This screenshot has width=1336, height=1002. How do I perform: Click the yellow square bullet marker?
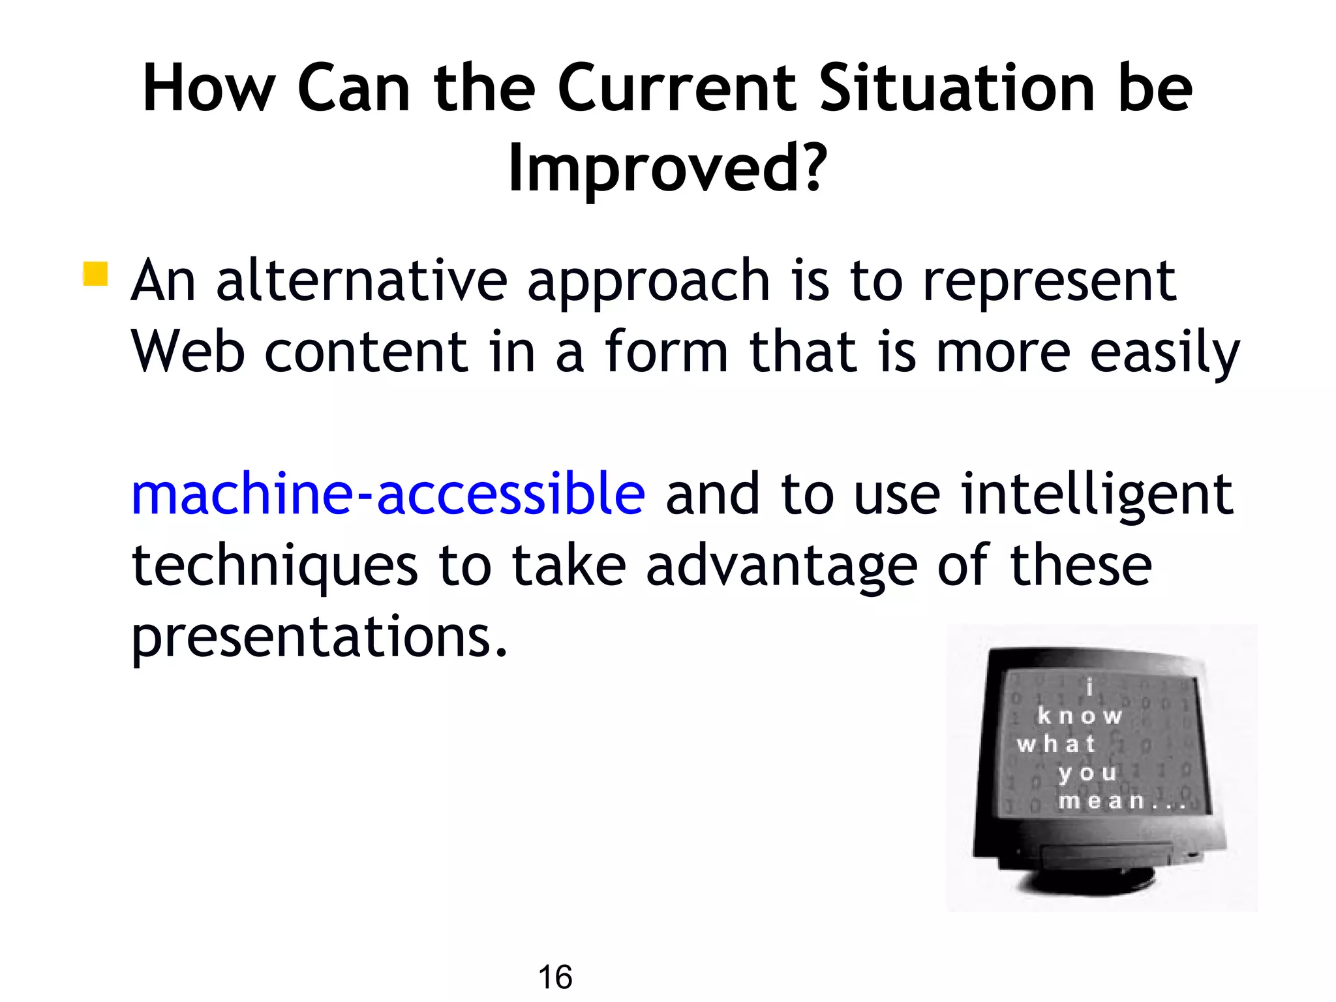(x=95, y=274)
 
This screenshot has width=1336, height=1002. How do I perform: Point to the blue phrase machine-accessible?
(x=388, y=494)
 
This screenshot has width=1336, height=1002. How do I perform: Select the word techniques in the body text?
(x=275, y=566)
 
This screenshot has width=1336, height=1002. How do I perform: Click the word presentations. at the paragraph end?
(x=319, y=637)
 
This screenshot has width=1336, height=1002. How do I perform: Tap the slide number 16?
(x=555, y=977)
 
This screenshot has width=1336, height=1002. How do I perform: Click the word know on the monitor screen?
(x=1080, y=716)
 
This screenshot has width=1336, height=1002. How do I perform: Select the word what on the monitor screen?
(x=1055, y=744)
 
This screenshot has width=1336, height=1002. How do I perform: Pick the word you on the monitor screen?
(x=1087, y=773)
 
